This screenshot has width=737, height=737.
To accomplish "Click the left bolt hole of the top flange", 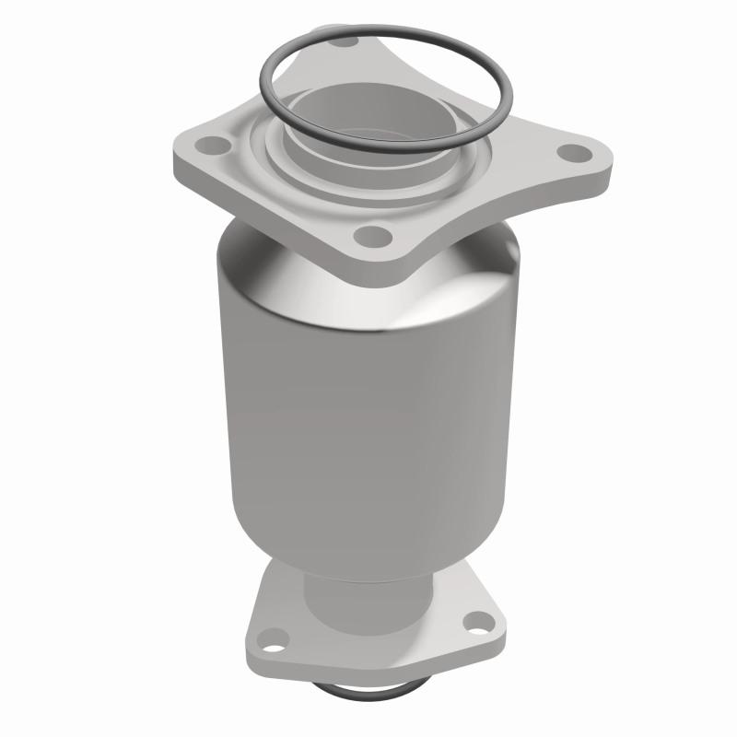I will (x=215, y=144).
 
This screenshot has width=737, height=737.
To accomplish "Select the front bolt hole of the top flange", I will (x=374, y=237).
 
